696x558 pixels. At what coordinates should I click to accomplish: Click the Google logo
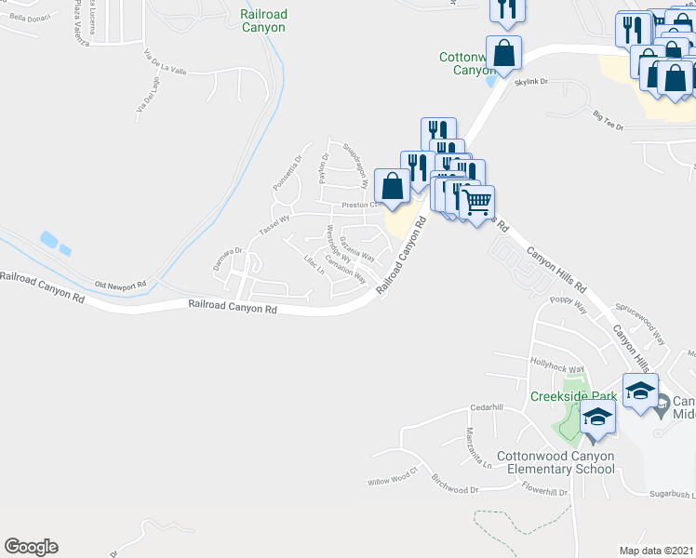pos(31,547)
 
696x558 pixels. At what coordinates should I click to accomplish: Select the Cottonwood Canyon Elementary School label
pos(555,462)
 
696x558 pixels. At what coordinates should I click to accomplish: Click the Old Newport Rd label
pos(121,285)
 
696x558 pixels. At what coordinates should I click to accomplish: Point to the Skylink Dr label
pos(531,82)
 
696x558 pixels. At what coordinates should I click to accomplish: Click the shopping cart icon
pos(477,201)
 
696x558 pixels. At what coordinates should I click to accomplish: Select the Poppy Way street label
pos(568,303)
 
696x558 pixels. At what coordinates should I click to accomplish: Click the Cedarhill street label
pos(486,407)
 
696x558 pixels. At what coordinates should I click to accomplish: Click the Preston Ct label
pos(358,205)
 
